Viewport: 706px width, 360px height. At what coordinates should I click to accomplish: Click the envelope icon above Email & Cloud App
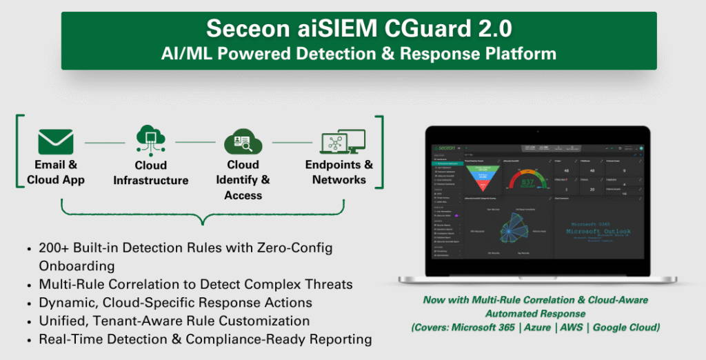pos(56,141)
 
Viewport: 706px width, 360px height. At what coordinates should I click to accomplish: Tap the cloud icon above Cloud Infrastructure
pos(150,140)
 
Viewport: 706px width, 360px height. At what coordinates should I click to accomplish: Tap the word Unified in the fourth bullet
pos(63,321)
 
